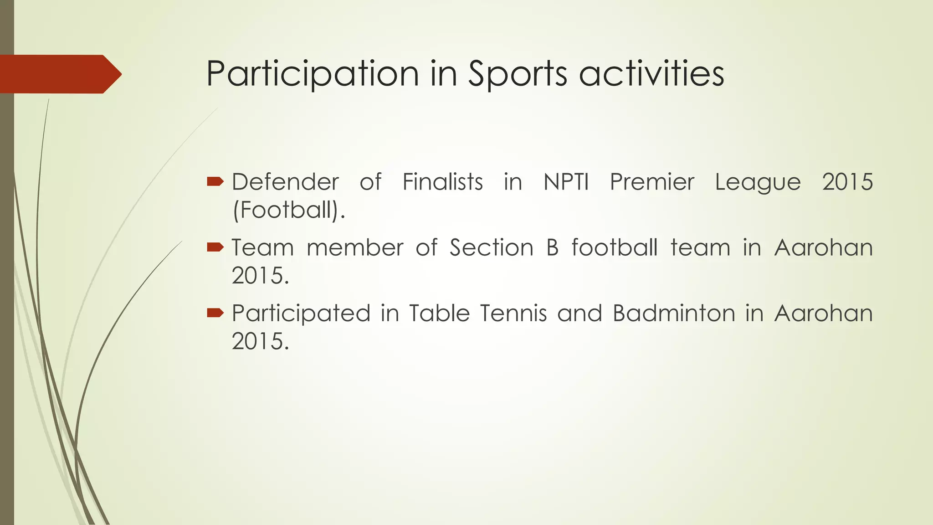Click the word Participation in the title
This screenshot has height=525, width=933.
[312, 74]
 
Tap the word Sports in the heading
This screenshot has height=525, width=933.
[518, 74]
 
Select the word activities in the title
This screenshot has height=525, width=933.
[651, 74]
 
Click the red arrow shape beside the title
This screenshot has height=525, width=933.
[59, 74]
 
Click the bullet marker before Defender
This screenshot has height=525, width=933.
[215, 182]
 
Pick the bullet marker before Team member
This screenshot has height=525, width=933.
[215, 247]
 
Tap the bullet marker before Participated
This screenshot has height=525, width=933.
[215, 313]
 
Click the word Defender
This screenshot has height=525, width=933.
[285, 182]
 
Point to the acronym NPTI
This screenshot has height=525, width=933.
[566, 182]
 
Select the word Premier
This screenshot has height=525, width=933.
[652, 182]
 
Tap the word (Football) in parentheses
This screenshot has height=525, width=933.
[288, 210]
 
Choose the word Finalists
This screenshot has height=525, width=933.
[442, 182]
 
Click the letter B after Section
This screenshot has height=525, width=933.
[552, 248]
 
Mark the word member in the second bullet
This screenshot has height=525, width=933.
[355, 248]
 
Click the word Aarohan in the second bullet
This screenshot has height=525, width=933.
[823, 248]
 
